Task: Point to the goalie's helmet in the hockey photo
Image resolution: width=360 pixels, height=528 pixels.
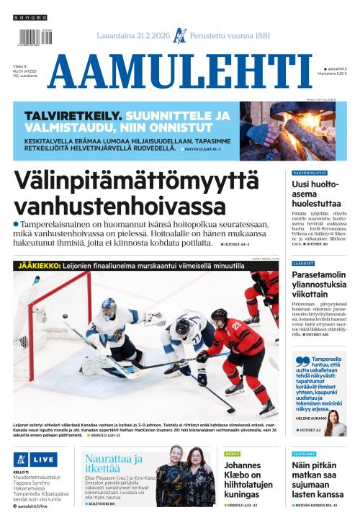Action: pyautogui.click(x=109, y=308)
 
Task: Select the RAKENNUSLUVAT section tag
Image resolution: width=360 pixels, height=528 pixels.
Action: pyautogui.click(x=310, y=173)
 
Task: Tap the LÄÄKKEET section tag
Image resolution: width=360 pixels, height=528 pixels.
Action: pyautogui.click(x=303, y=264)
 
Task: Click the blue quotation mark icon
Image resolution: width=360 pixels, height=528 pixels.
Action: pyautogui.click(x=302, y=361)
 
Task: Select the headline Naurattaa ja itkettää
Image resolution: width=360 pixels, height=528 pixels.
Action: pyautogui.click(x=113, y=464)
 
